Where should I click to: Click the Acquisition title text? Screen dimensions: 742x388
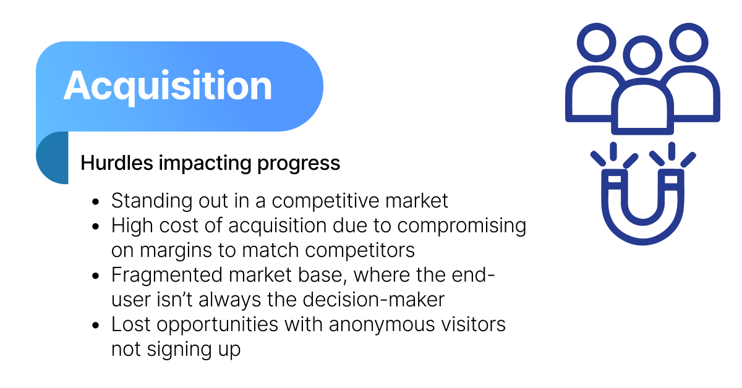(x=168, y=86)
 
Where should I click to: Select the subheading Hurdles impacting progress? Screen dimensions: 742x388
(x=210, y=163)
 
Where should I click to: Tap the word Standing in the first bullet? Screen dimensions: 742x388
(x=151, y=201)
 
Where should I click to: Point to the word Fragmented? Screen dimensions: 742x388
(x=166, y=275)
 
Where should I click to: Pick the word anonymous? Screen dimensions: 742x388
(x=382, y=324)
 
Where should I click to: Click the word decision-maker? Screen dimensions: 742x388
(x=373, y=300)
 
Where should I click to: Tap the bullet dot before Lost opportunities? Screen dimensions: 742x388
(x=96, y=326)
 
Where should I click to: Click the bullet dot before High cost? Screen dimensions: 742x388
(x=96, y=227)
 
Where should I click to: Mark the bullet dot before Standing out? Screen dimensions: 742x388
(x=96, y=202)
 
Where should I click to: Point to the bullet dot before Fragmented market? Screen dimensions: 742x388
(x=96, y=276)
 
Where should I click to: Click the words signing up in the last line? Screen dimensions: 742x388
(x=194, y=350)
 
